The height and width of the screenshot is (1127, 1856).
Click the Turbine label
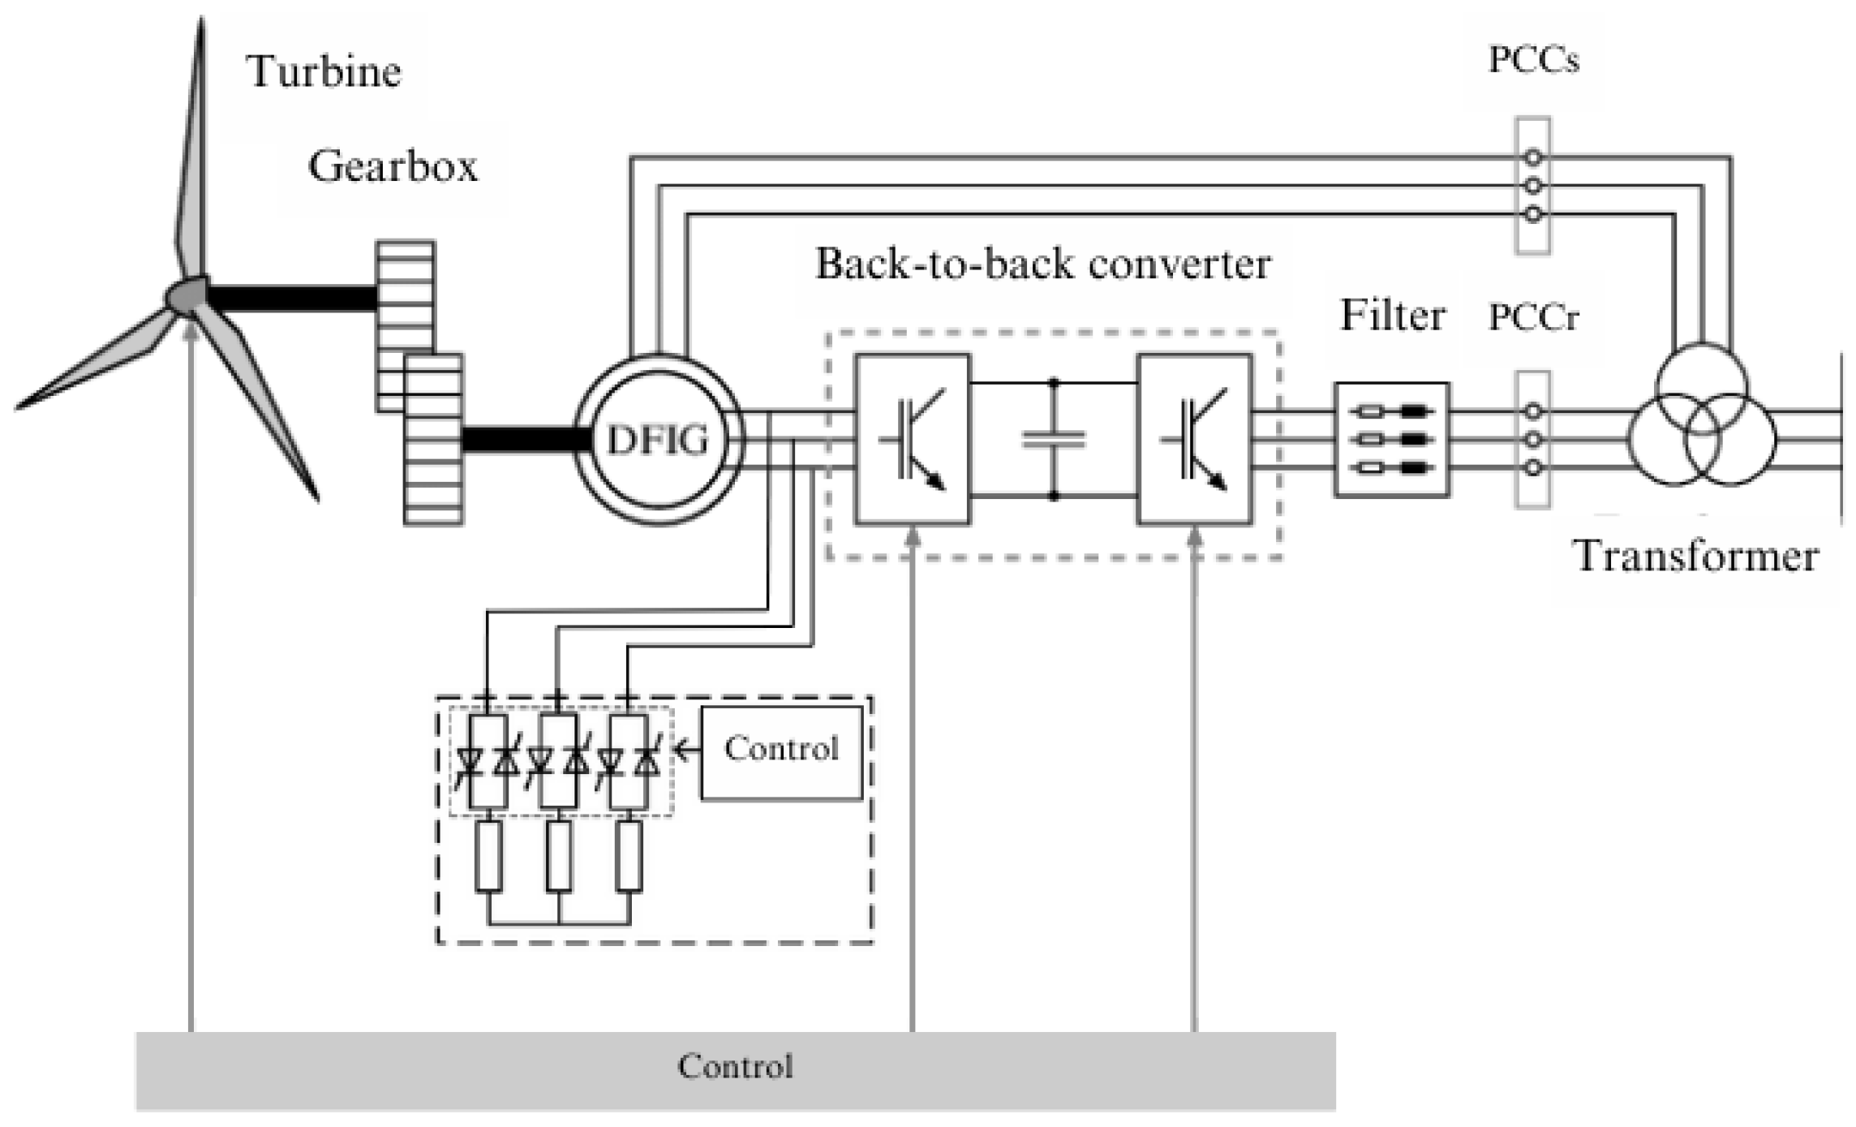[323, 71]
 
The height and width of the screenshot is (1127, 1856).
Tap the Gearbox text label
[393, 166]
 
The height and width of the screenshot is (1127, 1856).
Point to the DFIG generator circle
[658, 440]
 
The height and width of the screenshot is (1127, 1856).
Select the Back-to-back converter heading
[1042, 264]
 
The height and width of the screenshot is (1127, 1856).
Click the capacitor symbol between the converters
[1053, 439]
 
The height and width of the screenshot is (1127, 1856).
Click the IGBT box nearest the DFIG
[913, 439]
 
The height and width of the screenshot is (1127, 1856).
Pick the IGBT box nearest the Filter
[1194, 439]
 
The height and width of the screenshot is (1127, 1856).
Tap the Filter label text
[1392, 315]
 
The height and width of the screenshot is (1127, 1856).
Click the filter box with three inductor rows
[1392, 439]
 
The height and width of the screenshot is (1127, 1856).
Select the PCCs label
[1533, 60]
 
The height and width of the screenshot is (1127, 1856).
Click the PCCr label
[1533, 316]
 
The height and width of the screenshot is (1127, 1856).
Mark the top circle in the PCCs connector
[1532, 157]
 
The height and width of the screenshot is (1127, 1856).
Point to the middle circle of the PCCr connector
[1532, 439]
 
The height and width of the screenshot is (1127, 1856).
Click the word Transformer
[1695, 557]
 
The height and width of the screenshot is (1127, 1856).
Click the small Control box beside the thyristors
[781, 752]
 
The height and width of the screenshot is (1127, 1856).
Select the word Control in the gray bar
[735, 1066]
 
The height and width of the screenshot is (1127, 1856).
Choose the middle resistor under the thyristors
[559, 856]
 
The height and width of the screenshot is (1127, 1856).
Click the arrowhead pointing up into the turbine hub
[191, 329]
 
